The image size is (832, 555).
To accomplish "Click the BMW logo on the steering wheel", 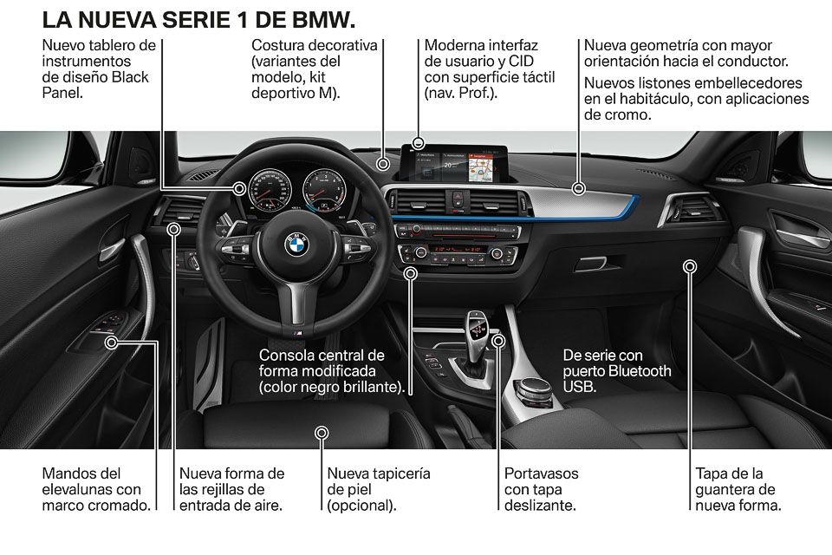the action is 297,245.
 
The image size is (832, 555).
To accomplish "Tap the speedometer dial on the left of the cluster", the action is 270,191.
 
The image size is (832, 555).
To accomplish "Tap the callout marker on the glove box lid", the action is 690,266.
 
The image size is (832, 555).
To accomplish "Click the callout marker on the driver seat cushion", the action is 322,434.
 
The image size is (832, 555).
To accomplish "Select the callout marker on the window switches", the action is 112,343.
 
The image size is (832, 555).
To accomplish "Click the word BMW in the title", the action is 323,20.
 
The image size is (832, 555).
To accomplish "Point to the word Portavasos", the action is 541,473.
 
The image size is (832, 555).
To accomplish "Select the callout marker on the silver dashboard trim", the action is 579,188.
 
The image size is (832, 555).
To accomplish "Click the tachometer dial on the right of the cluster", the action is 324,191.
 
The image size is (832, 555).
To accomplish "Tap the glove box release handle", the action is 590,263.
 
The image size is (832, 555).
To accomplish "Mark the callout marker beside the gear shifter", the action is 497,341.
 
